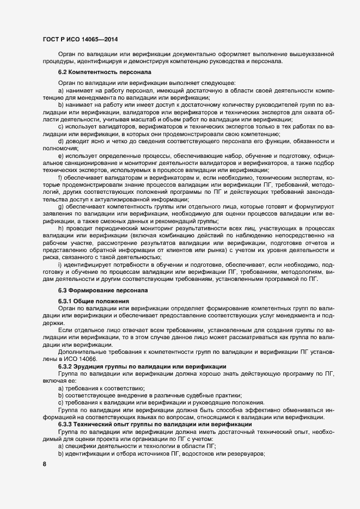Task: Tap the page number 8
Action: click(44, 464)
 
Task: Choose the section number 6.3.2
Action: click(65, 366)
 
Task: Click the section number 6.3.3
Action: click(65, 424)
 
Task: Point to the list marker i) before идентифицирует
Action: click(59, 263)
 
